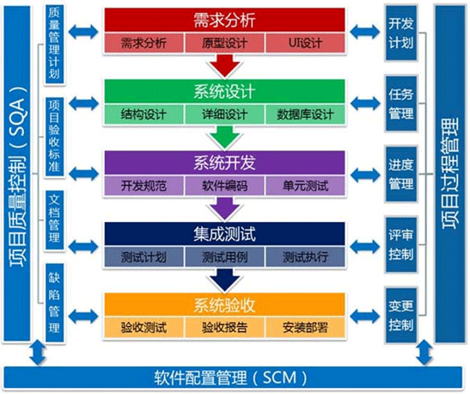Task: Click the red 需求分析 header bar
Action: [x=224, y=20]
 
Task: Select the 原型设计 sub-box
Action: [x=224, y=43]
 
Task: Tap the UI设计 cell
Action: [x=305, y=43]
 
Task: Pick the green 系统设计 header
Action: [x=224, y=91]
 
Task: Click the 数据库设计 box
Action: [x=305, y=114]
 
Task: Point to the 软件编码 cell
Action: [x=224, y=186]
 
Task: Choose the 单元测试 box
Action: [x=305, y=186]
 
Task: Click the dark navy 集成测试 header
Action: [x=224, y=234]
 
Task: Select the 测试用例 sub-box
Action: [x=224, y=257]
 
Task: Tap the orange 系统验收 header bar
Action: [x=224, y=305]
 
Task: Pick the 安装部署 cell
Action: [x=305, y=328]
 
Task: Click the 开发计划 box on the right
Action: [x=401, y=33]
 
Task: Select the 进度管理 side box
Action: [x=401, y=175]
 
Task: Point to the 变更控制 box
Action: [x=401, y=316]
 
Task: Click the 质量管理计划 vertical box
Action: [x=54, y=44]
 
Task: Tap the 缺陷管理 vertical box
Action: [x=54, y=303]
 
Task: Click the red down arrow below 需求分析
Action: [x=225, y=65]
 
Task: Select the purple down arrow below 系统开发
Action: [x=225, y=208]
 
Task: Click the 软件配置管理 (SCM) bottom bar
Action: [x=233, y=378]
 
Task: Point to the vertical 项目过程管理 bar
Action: [x=449, y=174]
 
